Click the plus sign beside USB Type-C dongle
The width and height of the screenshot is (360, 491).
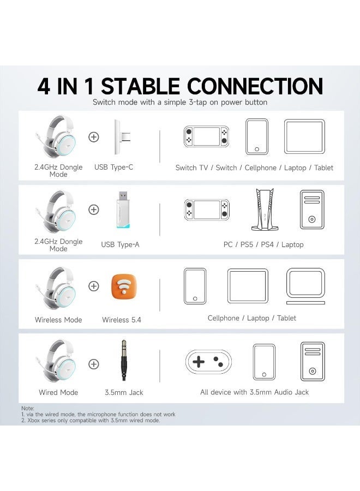[x=94, y=137]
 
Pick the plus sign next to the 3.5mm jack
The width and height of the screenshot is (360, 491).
[x=94, y=364]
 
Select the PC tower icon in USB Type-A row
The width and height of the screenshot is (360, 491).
[x=312, y=209]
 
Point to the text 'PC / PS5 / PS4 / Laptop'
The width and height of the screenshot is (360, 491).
[x=263, y=244]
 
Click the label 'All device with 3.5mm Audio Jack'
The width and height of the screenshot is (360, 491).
[x=254, y=392]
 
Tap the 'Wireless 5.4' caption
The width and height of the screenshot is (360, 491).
[x=121, y=320]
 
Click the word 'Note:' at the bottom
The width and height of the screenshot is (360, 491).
[x=27, y=408]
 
